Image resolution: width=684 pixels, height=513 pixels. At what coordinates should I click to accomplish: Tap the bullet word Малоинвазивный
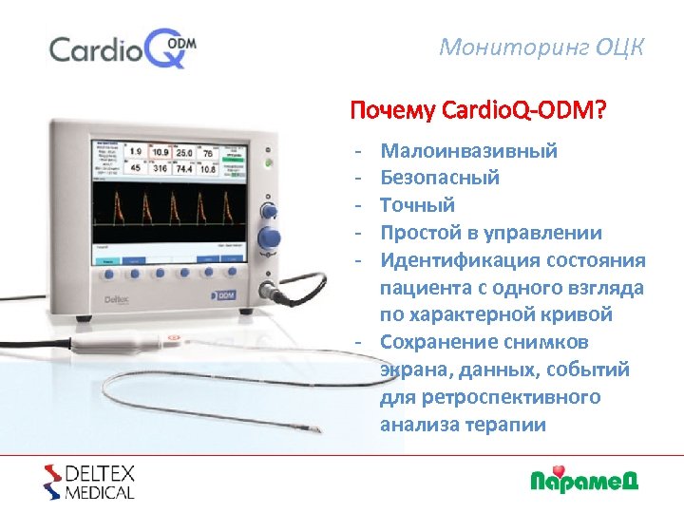(x=468, y=150)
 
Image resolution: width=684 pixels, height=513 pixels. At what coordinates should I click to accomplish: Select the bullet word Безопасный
(x=440, y=178)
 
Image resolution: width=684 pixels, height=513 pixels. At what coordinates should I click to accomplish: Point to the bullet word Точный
(x=417, y=205)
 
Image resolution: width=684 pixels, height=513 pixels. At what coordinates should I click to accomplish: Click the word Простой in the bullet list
(x=418, y=233)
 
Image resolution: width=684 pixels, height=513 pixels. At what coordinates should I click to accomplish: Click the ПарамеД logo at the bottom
(x=583, y=480)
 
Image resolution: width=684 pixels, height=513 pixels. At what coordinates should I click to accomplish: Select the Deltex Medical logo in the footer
(x=89, y=482)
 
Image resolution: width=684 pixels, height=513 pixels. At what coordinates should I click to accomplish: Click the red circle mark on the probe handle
(x=173, y=336)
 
